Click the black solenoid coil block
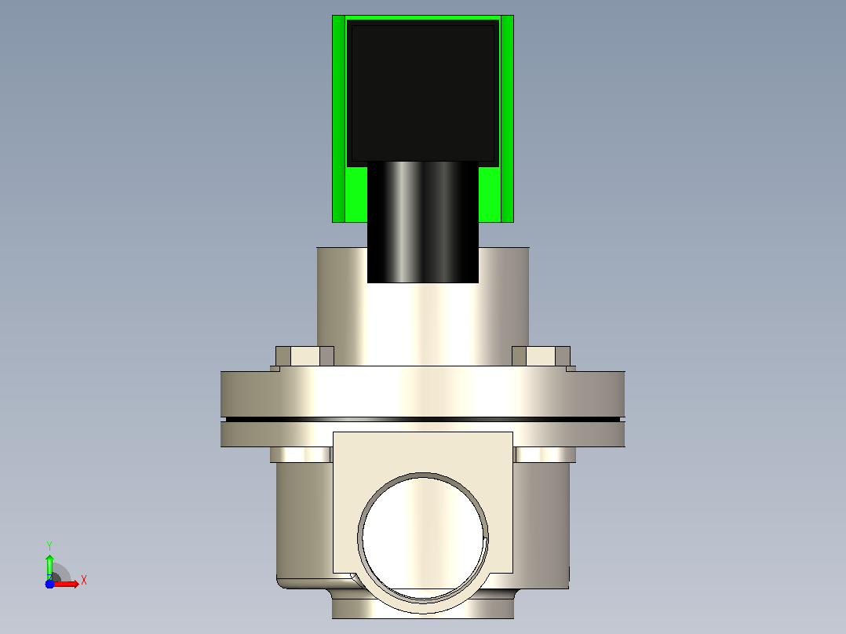coord(423,93)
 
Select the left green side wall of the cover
coord(339,118)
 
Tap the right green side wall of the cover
coord(507,118)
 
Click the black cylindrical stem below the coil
coord(423,222)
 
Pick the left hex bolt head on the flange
coord(304,356)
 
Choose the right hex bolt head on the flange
coord(542,356)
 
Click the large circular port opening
coord(423,537)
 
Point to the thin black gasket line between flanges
coord(423,419)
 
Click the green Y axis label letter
coord(49,546)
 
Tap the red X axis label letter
coord(84,581)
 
